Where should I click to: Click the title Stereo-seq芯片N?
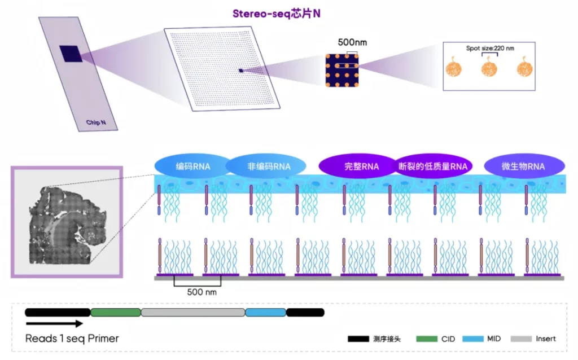277,13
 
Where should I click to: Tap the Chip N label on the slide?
95,122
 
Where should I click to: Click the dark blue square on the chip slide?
71,54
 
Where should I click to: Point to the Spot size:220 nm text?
490,49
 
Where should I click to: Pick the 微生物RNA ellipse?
523,166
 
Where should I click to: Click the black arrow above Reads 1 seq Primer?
54,323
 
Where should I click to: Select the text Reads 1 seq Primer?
72,339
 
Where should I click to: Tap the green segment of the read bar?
115,312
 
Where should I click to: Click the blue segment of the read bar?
265,312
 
